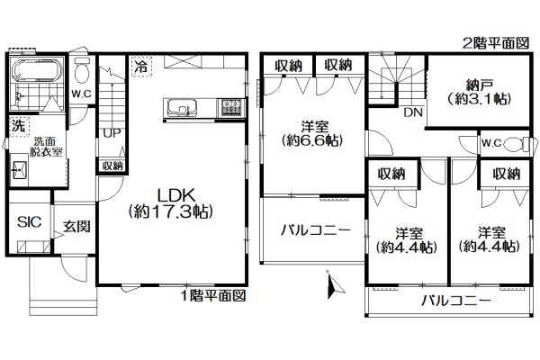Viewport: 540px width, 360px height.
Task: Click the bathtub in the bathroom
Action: [37, 69]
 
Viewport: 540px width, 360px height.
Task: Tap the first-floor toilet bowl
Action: [82, 70]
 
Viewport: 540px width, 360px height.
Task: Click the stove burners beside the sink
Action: [230, 107]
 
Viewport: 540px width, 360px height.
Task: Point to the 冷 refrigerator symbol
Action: [140, 66]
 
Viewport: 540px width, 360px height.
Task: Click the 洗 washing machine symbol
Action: [19, 126]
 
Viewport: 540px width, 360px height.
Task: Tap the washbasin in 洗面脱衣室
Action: [21, 170]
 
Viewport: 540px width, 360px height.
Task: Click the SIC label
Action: [30, 222]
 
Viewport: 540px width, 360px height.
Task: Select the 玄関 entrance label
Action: [76, 226]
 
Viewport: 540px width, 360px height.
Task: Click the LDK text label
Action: [176, 195]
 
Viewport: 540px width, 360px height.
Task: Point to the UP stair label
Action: [112, 133]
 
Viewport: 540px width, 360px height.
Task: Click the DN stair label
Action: [413, 112]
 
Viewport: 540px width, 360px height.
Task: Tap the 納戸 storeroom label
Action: [480, 85]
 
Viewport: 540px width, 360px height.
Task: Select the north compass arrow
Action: [333, 284]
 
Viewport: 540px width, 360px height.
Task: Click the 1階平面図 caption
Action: [213, 296]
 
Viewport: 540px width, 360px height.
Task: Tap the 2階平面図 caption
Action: [496, 43]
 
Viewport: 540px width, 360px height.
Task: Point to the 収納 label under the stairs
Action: [112, 166]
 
